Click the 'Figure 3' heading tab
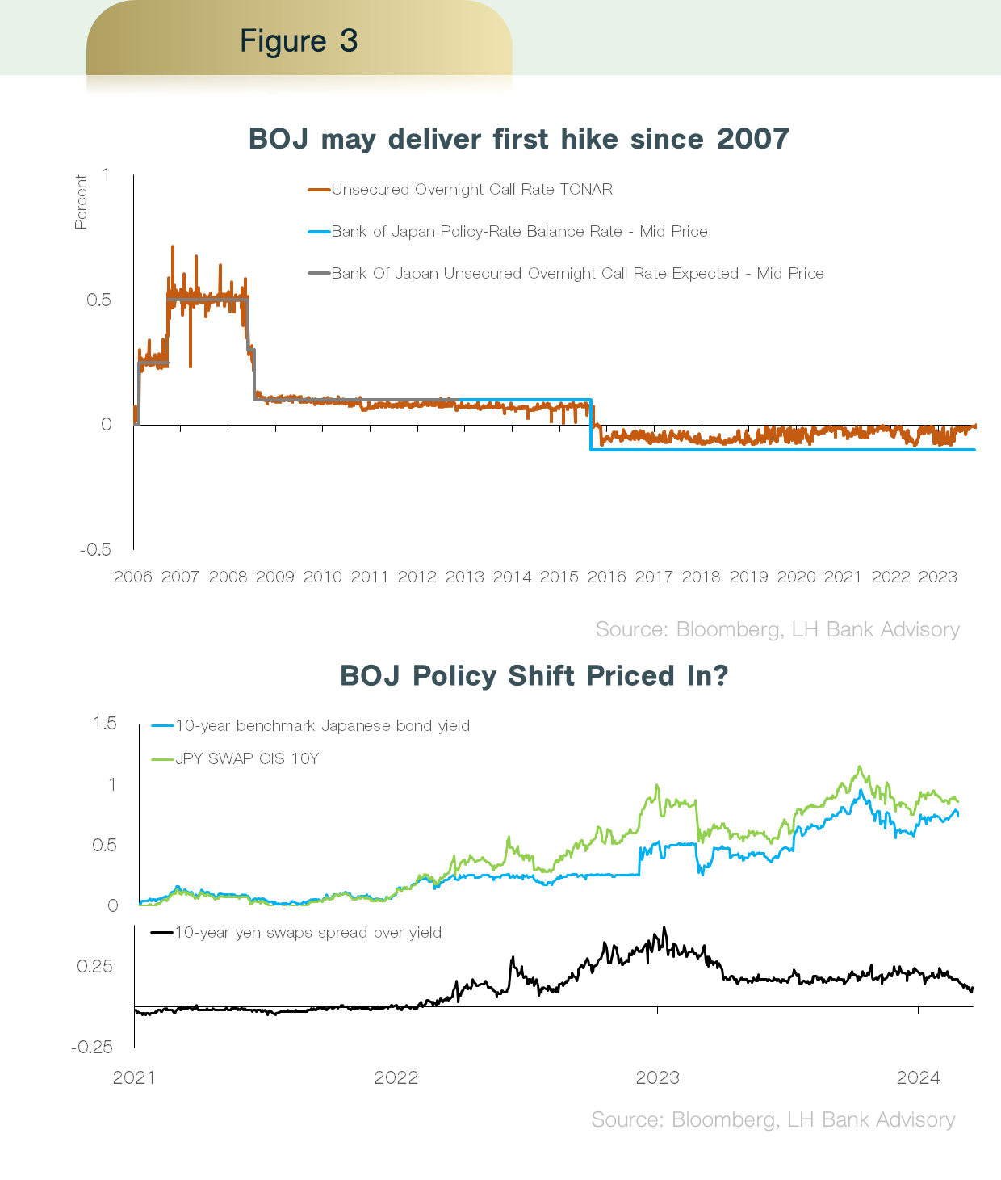[299, 40]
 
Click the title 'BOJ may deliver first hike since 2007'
[518, 139]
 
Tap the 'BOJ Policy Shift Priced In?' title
[534, 675]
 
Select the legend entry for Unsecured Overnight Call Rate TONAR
[471, 190]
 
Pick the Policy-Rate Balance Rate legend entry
[519, 232]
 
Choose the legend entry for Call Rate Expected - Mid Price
[577, 274]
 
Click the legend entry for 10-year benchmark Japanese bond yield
[322, 726]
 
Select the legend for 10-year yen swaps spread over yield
[308, 933]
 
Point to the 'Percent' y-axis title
[81, 202]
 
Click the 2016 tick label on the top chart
[606, 577]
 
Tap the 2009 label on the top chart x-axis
[275, 577]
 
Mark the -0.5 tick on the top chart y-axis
[95, 550]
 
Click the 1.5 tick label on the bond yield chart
[105, 723]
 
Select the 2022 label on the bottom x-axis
[396, 1077]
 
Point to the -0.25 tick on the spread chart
[92, 1048]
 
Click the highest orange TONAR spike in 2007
[172, 247]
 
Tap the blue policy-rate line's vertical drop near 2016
[591, 425]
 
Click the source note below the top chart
[777, 630]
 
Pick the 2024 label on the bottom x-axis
[919, 1077]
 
